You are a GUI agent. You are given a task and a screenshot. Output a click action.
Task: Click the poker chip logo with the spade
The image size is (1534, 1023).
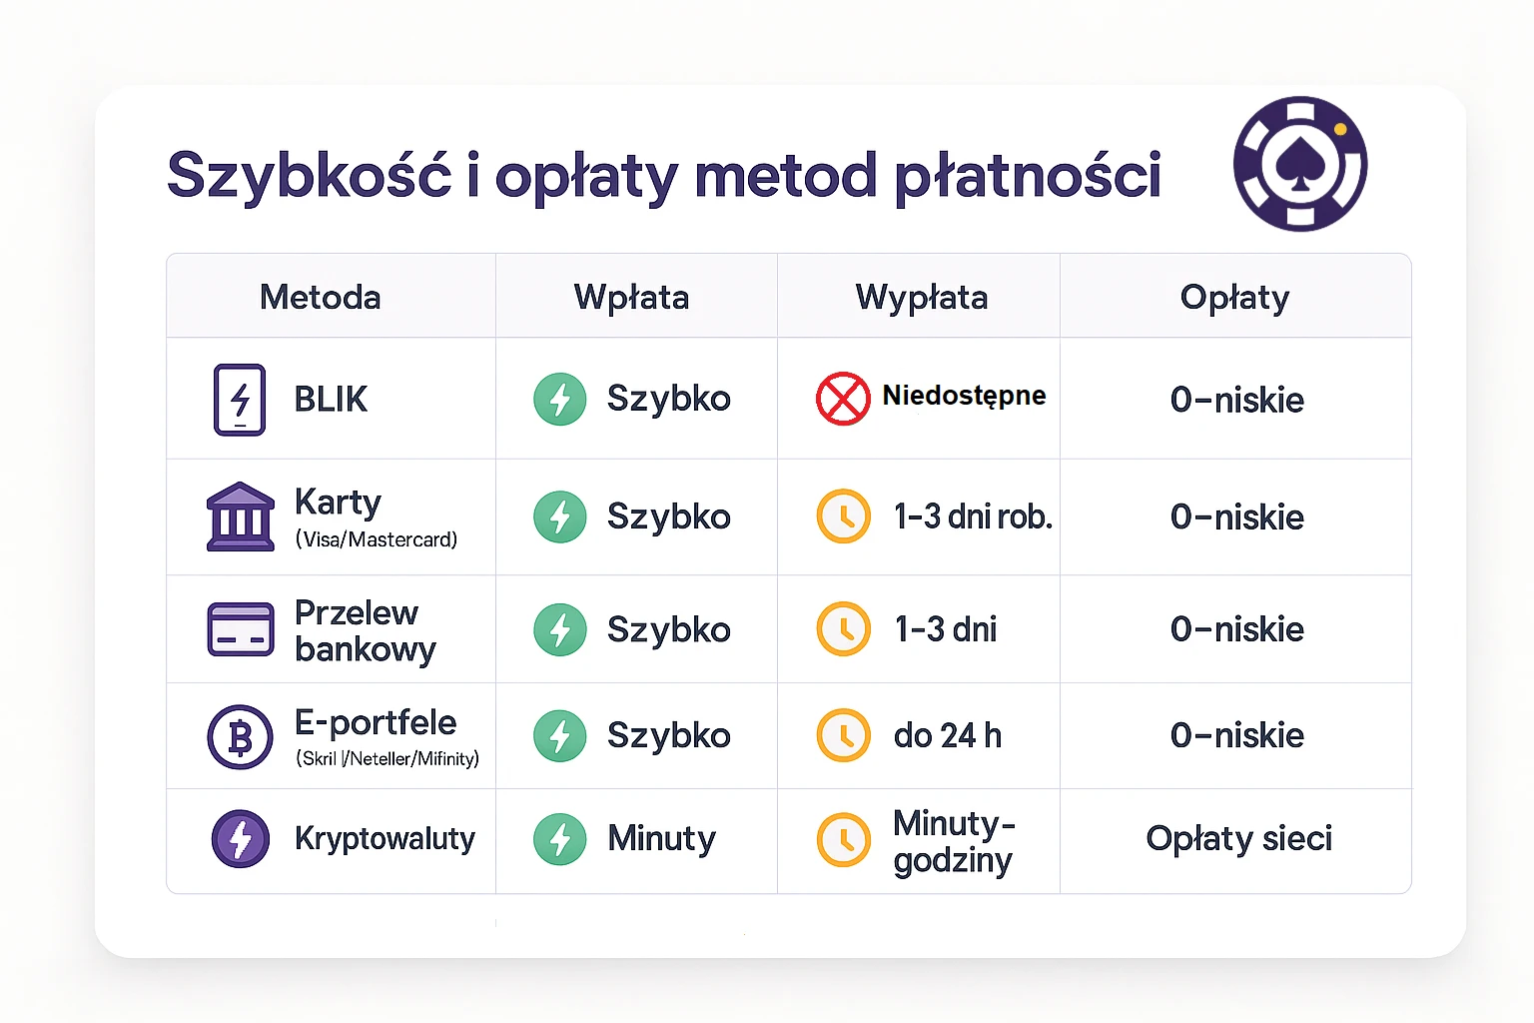click(x=1300, y=164)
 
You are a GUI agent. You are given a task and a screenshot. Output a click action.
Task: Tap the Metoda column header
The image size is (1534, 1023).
click(x=320, y=297)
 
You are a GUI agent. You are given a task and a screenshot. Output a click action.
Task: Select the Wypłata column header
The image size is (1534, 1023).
click(x=921, y=297)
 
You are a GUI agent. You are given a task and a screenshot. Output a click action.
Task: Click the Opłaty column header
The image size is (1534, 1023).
click(x=1234, y=297)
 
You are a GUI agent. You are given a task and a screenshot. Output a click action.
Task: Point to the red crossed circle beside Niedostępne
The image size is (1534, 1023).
click(x=843, y=399)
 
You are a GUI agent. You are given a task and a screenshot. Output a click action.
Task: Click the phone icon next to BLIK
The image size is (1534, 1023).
click(x=240, y=400)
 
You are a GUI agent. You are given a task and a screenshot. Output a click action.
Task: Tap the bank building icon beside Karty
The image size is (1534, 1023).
click(x=240, y=516)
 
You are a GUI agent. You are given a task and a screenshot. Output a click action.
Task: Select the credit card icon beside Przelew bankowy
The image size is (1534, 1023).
click(x=240, y=629)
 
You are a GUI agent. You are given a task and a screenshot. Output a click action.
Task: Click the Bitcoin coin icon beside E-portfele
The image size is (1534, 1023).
click(x=240, y=737)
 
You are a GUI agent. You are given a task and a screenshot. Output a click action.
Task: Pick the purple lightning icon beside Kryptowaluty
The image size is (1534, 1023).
click(x=241, y=838)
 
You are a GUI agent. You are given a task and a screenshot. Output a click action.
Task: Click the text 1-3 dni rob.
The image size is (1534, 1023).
click(x=973, y=516)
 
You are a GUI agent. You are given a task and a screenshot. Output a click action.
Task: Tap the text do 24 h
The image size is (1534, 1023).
click(x=947, y=735)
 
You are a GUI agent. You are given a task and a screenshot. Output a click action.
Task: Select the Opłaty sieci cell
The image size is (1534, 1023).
click(x=1238, y=838)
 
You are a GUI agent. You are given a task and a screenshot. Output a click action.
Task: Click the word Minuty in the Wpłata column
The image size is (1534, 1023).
click(x=661, y=838)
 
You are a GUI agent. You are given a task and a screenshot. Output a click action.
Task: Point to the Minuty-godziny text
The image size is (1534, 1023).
click(x=954, y=841)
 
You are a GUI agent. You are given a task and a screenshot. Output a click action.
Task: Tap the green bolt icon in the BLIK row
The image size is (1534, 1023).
click(x=560, y=400)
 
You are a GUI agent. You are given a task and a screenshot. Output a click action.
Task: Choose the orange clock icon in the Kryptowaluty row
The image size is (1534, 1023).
click(x=844, y=839)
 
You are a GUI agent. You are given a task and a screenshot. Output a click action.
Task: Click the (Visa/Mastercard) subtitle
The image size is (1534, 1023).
click(x=377, y=539)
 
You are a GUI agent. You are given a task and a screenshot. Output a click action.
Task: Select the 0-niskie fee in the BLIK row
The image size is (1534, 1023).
click(x=1236, y=400)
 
